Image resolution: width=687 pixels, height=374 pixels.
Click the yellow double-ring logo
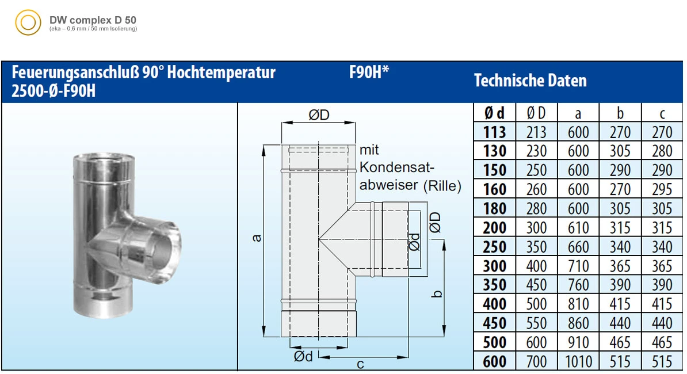tap(28, 23)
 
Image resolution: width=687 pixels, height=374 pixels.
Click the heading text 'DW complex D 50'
tap(93, 20)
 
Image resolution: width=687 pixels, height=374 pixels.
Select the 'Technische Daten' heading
tap(530, 81)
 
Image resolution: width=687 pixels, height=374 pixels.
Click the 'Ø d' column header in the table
tap(494, 113)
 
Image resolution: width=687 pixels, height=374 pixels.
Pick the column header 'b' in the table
tap(620, 113)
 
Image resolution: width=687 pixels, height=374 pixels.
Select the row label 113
tap(494, 132)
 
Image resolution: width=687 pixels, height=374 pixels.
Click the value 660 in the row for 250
tap(578, 247)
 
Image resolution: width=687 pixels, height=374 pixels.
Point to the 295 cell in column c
tap(662, 189)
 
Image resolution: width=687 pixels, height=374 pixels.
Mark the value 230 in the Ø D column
tap(536, 151)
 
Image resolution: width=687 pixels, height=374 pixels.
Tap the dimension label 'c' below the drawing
tap(360, 364)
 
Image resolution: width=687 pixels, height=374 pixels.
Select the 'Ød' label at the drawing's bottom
tap(303, 357)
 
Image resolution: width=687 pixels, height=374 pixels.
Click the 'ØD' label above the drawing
tap(318, 115)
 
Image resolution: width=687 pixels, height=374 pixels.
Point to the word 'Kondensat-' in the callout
tap(397, 167)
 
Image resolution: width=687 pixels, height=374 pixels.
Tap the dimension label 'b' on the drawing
tap(438, 294)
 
